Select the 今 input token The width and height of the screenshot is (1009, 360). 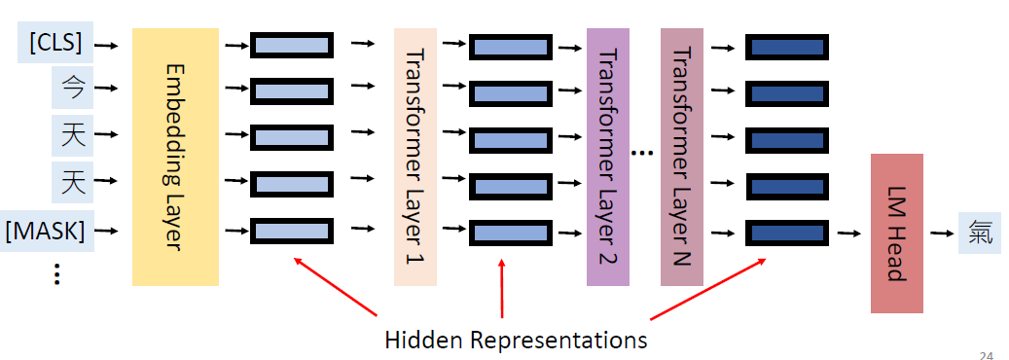coord(73,90)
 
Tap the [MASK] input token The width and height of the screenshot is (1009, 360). coord(47,232)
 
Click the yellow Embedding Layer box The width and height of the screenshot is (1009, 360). coord(176,157)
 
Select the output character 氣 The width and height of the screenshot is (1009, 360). coord(977,234)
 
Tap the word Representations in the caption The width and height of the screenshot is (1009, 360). coord(559,341)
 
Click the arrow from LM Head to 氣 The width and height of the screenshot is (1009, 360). coord(940,234)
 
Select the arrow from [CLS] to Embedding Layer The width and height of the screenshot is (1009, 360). coord(108,44)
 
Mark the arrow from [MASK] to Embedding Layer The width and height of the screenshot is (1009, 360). coord(108,232)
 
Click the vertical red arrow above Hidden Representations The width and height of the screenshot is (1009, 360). coord(502,288)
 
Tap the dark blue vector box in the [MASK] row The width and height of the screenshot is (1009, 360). coord(785,232)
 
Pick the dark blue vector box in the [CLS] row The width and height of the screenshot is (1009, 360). coord(785,45)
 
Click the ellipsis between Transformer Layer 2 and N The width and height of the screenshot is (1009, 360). coord(642,153)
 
